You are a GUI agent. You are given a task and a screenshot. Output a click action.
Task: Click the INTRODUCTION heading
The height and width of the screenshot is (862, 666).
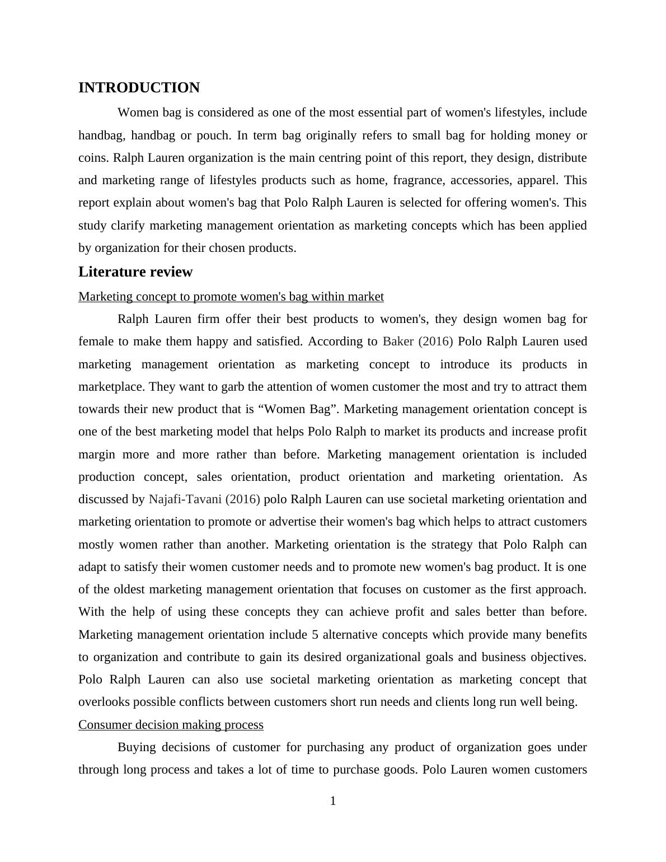pyautogui.click(x=139, y=88)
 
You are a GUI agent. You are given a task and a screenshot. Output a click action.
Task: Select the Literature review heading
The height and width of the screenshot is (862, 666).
pyautogui.click(x=135, y=272)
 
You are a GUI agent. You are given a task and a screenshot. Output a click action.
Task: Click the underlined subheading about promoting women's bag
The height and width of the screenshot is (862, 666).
pyautogui.click(x=231, y=297)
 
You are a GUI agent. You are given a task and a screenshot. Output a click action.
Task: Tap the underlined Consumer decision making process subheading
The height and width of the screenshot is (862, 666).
pyautogui.click(x=171, y=725)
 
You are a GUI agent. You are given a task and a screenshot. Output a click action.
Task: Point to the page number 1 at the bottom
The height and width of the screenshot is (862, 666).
pyautogui.click(x=333, y=802)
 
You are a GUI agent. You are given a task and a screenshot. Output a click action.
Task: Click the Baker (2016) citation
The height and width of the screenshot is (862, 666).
pyautogui.click(x=418, y=341)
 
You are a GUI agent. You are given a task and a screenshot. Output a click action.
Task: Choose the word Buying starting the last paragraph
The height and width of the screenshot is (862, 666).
pyautogui.click(x=137, y=747)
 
